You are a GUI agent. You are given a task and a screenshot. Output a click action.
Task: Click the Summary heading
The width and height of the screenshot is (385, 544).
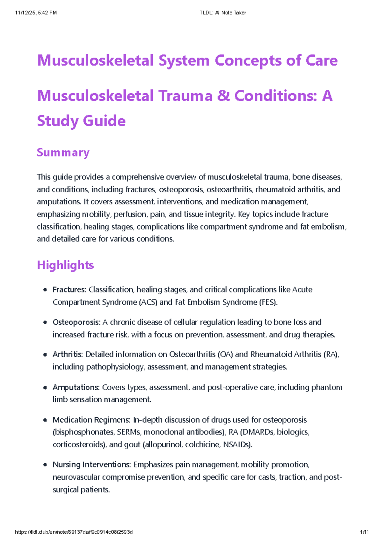coord(63,152)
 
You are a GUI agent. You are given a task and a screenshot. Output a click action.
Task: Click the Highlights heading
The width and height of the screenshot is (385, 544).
coord(65,265)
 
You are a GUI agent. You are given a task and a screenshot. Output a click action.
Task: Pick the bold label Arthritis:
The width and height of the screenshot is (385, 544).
coord(68,354)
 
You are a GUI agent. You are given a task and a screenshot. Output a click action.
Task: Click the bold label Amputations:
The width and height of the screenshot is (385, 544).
coord(76,387)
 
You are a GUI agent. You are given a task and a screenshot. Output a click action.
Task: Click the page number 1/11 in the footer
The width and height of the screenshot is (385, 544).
coord(364,532)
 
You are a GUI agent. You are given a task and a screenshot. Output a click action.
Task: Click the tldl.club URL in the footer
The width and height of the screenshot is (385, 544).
coord(74,532)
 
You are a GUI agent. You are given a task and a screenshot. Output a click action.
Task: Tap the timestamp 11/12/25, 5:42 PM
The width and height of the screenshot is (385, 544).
coord(36,13)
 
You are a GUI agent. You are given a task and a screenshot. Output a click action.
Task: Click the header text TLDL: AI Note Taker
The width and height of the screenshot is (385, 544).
coord(223,13)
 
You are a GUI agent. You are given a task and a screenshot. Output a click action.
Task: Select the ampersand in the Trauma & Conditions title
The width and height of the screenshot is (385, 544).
coord(223,96)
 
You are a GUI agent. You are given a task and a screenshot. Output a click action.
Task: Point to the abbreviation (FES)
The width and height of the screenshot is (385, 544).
coord(268,302)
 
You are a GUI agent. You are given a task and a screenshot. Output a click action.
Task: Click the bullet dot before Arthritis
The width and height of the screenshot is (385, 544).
coord(45,355)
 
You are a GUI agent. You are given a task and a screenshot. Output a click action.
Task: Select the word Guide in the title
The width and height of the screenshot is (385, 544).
coord(104,121)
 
